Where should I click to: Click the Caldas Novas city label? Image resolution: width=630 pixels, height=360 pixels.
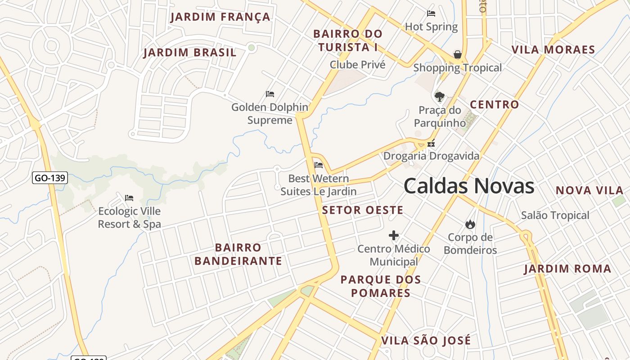coord(468,186)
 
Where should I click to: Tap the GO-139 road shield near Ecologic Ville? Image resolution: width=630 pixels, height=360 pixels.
coord(50,178)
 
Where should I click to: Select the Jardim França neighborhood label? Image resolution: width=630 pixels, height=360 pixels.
coord(220,17)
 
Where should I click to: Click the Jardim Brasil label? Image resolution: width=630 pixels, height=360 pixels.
coord(189,53)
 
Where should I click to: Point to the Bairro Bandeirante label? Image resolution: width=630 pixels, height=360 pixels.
coord(238,254)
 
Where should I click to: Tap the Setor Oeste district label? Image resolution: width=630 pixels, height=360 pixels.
coord(363,210)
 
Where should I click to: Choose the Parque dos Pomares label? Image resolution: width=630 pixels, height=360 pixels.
coord(381,286)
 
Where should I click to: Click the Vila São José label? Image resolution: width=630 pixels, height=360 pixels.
coord(426,341)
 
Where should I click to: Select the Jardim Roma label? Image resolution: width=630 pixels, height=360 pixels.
coord(567,269)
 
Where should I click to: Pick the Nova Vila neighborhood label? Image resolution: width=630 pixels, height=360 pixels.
coord(589,190)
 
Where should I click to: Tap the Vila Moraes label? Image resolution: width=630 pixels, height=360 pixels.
coord(553,49)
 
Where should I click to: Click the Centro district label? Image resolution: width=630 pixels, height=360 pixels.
coord(494,105)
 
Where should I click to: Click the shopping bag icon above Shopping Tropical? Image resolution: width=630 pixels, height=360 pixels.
coord(458,54)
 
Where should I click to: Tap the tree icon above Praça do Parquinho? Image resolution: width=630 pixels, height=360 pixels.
coord(440,96)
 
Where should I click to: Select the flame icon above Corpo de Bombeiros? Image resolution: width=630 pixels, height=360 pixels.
coord(470,224)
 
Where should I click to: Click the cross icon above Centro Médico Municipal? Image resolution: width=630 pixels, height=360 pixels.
coord(394,235)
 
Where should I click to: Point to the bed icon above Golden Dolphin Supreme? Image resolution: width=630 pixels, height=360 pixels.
coord(270,94)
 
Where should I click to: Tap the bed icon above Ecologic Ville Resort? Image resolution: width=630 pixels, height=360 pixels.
coord(129,198)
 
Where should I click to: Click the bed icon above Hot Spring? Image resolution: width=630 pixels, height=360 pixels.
coord(431,13)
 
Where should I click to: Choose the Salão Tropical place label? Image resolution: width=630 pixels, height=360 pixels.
coord(555,216)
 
